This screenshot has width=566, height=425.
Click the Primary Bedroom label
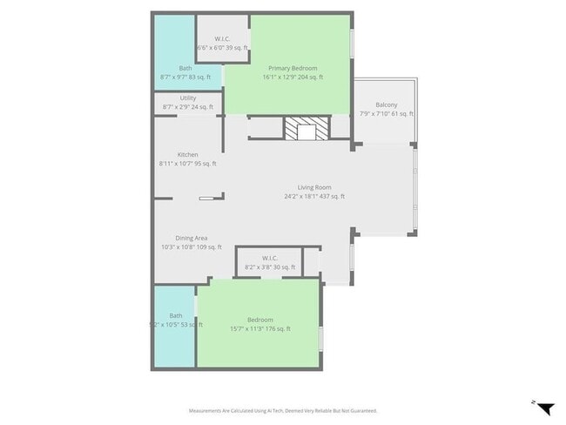click(293, 68)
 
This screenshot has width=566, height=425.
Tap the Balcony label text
click(386, 105)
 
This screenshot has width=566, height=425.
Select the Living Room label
click(314, 187)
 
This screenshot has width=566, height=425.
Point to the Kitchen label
click(188, 155)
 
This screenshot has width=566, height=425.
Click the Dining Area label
click(191, 238)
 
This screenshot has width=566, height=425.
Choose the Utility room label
click(188, 98)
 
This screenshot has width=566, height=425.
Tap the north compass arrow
click(544, 408)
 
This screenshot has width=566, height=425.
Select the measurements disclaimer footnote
click(283, 410)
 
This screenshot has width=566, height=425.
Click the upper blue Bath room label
click(185, 68)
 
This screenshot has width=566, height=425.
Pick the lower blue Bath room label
click(176, 315)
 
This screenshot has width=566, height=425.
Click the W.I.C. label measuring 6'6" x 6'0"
click(222, 38)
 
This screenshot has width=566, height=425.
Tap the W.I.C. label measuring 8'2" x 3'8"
click(270, 258)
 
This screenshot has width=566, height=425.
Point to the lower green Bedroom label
click(259, 320)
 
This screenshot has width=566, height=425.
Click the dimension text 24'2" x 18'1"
click(314, 197)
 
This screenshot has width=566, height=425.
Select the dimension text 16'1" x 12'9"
click(293, 78)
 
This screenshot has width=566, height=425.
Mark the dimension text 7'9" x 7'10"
click(386, 114)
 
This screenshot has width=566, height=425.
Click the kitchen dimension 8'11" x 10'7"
click(188, 164)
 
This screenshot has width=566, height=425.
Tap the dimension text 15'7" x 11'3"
click(259, 329)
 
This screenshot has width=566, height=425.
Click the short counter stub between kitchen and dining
click(210, 199)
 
